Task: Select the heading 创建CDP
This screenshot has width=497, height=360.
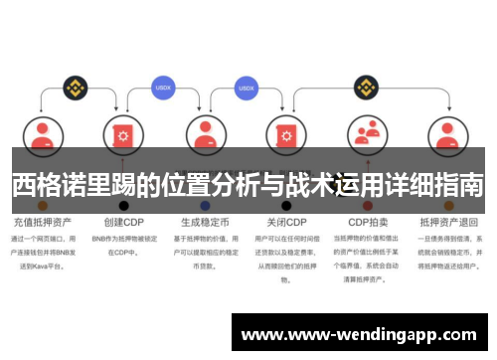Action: click(x=121, y=222)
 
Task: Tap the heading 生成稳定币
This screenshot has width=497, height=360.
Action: click(x=205, y=222)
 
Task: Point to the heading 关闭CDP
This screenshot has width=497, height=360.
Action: click(x=287, y=222)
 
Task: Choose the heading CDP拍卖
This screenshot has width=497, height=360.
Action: click(x=368, y=222)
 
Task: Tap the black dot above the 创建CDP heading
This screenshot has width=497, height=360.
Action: click(x=123, y=205)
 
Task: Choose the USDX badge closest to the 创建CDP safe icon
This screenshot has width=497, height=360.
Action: click(x=164, y=88)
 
